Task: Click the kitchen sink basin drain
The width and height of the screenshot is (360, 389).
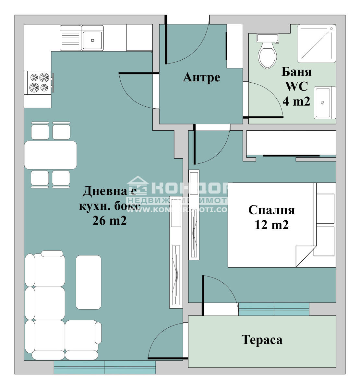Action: coord(92,40)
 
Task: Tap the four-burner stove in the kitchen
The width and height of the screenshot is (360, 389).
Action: coord(39,83)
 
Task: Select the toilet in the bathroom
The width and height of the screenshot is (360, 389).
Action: coord(267,54)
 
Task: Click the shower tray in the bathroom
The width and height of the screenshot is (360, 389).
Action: coord(317,43)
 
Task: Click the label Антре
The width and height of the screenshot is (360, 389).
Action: coord(201,77)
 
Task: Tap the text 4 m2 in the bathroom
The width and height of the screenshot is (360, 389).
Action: coord(296,101)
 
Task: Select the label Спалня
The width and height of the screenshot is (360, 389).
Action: coord(271,210)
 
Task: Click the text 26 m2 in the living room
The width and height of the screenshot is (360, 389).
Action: coord(109,221)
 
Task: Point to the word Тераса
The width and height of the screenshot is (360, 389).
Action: coord(262,340)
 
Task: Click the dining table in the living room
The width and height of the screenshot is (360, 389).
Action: coord(50,155)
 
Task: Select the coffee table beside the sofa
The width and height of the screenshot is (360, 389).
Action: coord(88,282)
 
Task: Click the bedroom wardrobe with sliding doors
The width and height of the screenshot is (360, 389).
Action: coord(291,143)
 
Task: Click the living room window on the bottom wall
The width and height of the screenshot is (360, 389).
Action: coord(105,367)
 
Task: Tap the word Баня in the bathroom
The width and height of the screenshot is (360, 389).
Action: coord(296,72)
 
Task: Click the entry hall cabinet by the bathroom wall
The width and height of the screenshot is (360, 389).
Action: coord(234,46)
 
